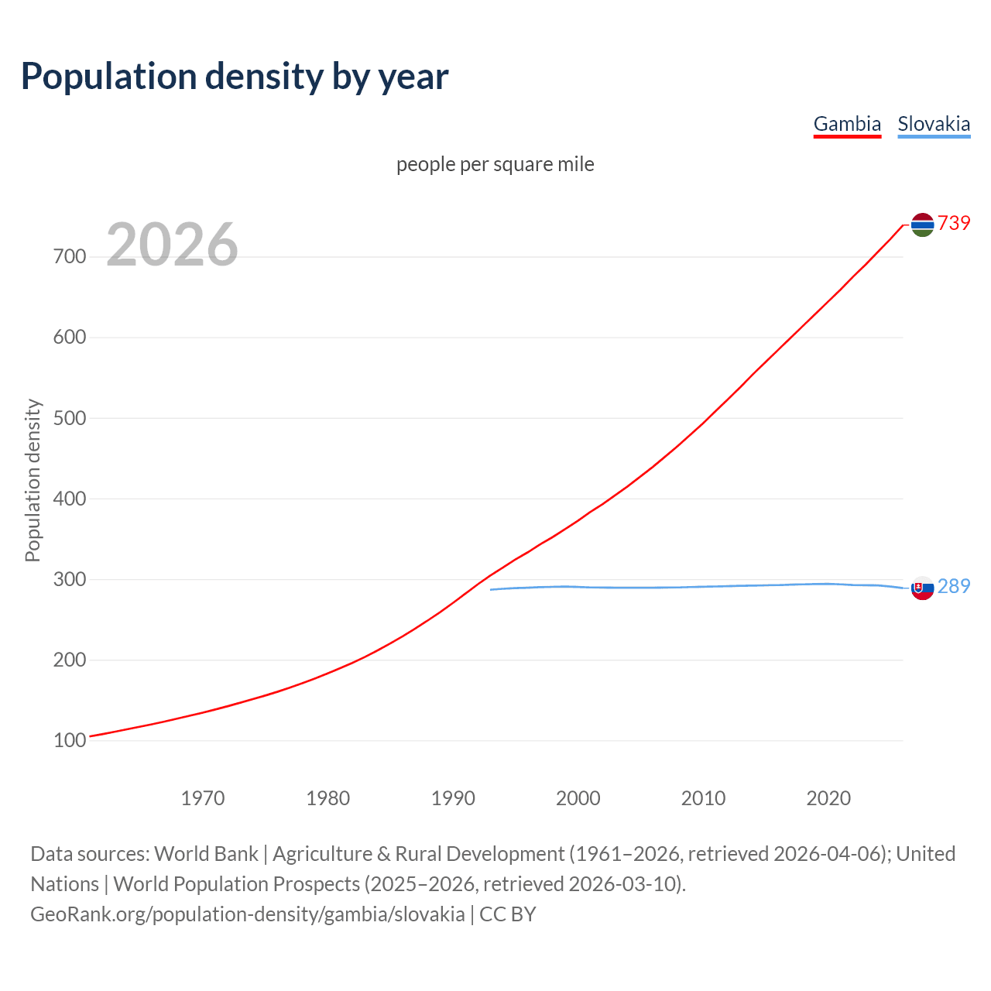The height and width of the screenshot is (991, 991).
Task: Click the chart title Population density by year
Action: click(235, 77)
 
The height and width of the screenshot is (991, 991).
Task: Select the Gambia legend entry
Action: click(847, 124)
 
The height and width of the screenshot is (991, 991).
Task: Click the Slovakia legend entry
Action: click(934, 124)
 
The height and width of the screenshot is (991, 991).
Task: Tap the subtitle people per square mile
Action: click(495, 164)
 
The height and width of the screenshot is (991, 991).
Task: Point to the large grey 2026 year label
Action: click(172, 245)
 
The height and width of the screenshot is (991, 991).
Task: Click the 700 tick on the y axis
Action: click(70, 256)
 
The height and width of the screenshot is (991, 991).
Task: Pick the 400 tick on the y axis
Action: click(70, 499)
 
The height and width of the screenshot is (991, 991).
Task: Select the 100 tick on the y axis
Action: click(70, 741)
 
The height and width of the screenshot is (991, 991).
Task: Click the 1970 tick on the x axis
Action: click(203, 798)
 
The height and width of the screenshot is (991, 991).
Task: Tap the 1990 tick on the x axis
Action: click(453, 798)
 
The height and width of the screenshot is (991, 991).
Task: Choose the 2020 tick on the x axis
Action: click(828, 798)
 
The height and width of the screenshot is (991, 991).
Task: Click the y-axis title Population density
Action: click(33, 480)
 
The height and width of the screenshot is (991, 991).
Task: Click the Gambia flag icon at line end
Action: click(922, 225)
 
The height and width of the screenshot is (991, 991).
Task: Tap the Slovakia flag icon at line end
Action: click(922, 588)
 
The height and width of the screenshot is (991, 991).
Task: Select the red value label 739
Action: click(954, 224)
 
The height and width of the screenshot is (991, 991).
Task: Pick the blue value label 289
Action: click(954, 587)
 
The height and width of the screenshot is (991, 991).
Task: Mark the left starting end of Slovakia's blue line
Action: click(492, 590)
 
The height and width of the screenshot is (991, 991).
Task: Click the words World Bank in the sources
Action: click(206, 854)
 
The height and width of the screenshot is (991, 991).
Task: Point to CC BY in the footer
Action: click(508, 914)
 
